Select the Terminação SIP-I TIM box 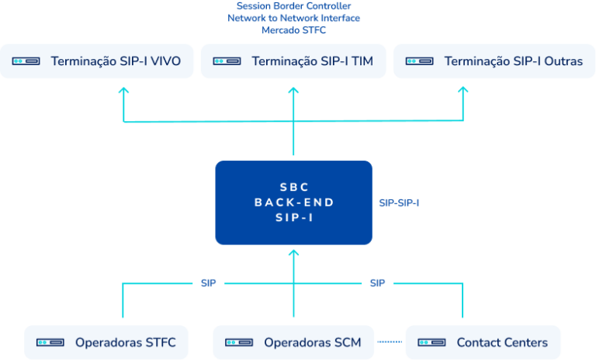pos(293,61)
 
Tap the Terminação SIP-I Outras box pos(490,61)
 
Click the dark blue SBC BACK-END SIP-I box pos(293,202)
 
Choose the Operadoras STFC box pos(106,342)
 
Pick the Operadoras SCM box pos(293,342)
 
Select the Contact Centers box pos(483,342)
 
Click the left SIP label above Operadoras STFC pos(208,284)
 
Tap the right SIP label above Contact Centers pos(377,284)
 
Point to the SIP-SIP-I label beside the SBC pos(399,203)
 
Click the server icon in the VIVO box pos(26,61)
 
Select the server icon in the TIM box pos(227,61)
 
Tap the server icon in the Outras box pos(420,61)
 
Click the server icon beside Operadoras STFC pos(50,342)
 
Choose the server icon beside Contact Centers pos(431,342)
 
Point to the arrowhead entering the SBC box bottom pos(293,252)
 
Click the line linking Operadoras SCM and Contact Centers pos(390,342)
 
